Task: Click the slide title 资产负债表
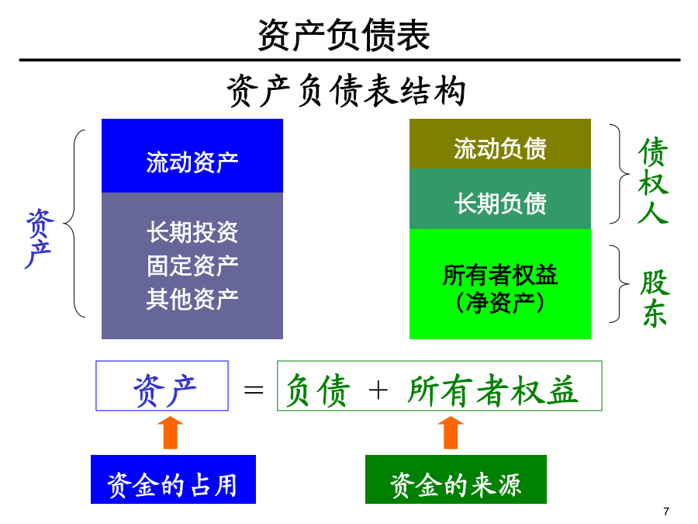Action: pyautogui.click(x=344, y=35)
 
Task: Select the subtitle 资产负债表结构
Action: pyautogui.click(x=347, y=91)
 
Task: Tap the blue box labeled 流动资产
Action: pyautogui.click(x=192, y=155)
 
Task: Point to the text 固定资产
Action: pyautogui.click(x=192, y=265)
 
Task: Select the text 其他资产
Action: pyautogui.click(x=192, y=299)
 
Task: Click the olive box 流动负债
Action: pyautogui.click(x=500, y=144)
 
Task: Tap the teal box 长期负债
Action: pyautogui.click(x=500, y=199)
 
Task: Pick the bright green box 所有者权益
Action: pyautogui.click(x=500, y=284)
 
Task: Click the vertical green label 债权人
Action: pyautogui.click(x=653, y=181)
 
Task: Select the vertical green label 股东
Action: pyautogui.click(x=655, y=298)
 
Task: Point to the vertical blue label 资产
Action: pyautogui.click(x=40, y=238)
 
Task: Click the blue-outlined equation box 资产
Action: pyautogui.click(x=162, y=386)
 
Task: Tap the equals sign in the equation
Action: pyautogui.click(x=254, y=390)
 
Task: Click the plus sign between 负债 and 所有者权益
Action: pyautogui.click(x=378, y=390)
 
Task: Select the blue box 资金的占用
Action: pyautogui.click(x=173, y=480)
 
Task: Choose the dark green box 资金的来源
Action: pyautogui.click(x=456, y=480)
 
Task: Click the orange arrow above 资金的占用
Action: pyautogui.click(x=170, y=432)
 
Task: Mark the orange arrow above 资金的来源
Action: pyautogui.click(x=451, y=432)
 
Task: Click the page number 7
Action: pyautogui.click(x=666, y=512)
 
